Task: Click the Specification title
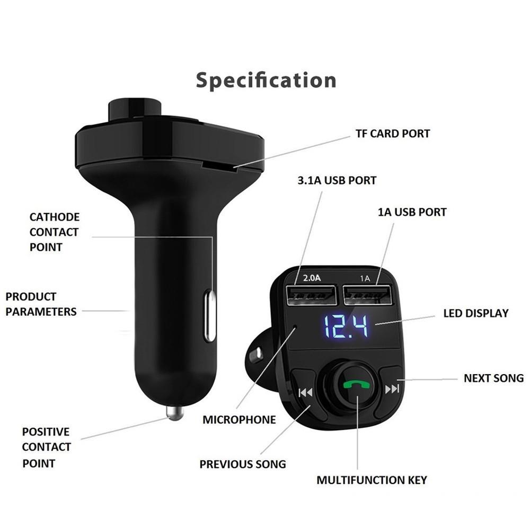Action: (266, 81)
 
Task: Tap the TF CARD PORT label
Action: (392, 134)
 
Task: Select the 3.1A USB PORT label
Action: (337, 181)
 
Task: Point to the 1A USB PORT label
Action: (412, 212)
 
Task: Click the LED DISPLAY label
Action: (475, 313)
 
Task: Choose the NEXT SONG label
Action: (493, 378)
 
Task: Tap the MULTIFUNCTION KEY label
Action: (372, 481)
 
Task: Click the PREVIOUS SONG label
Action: (242, 464)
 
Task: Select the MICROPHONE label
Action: (239, 420)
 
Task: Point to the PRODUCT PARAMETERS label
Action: (41, 304)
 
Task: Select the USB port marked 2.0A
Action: (311, 295)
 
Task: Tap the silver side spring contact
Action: (210, 316)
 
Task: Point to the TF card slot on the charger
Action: (220, 168)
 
